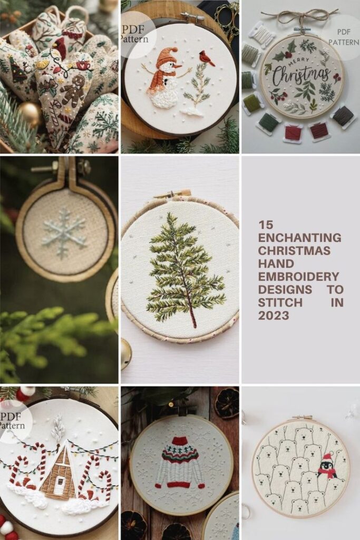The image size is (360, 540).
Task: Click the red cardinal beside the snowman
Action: [207, 58]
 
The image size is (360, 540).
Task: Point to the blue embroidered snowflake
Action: [64, 233]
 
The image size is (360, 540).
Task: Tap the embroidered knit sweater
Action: [179, 462]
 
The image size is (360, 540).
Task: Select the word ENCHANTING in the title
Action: [299, 238]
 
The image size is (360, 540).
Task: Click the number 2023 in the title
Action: [274, 315]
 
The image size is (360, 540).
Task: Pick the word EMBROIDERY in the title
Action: [298, 276]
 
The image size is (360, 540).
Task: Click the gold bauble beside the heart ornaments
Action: [30, 114]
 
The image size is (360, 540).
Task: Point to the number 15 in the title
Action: [265, 225]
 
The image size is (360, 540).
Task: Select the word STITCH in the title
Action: [280, 302]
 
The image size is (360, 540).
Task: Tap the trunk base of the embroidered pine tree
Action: [195, 323]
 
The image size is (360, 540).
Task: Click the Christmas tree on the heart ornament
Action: [18, 70]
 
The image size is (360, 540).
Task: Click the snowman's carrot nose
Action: [178, 65]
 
